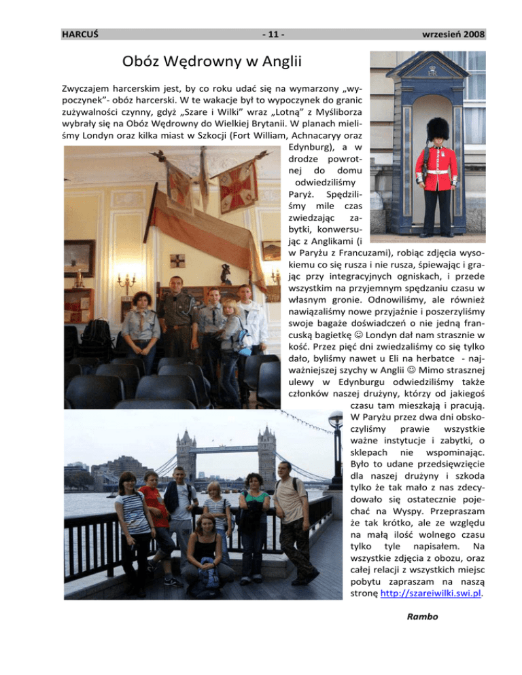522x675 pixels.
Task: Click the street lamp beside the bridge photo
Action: click(336, 448)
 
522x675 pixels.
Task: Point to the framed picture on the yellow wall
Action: click(80, 258)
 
